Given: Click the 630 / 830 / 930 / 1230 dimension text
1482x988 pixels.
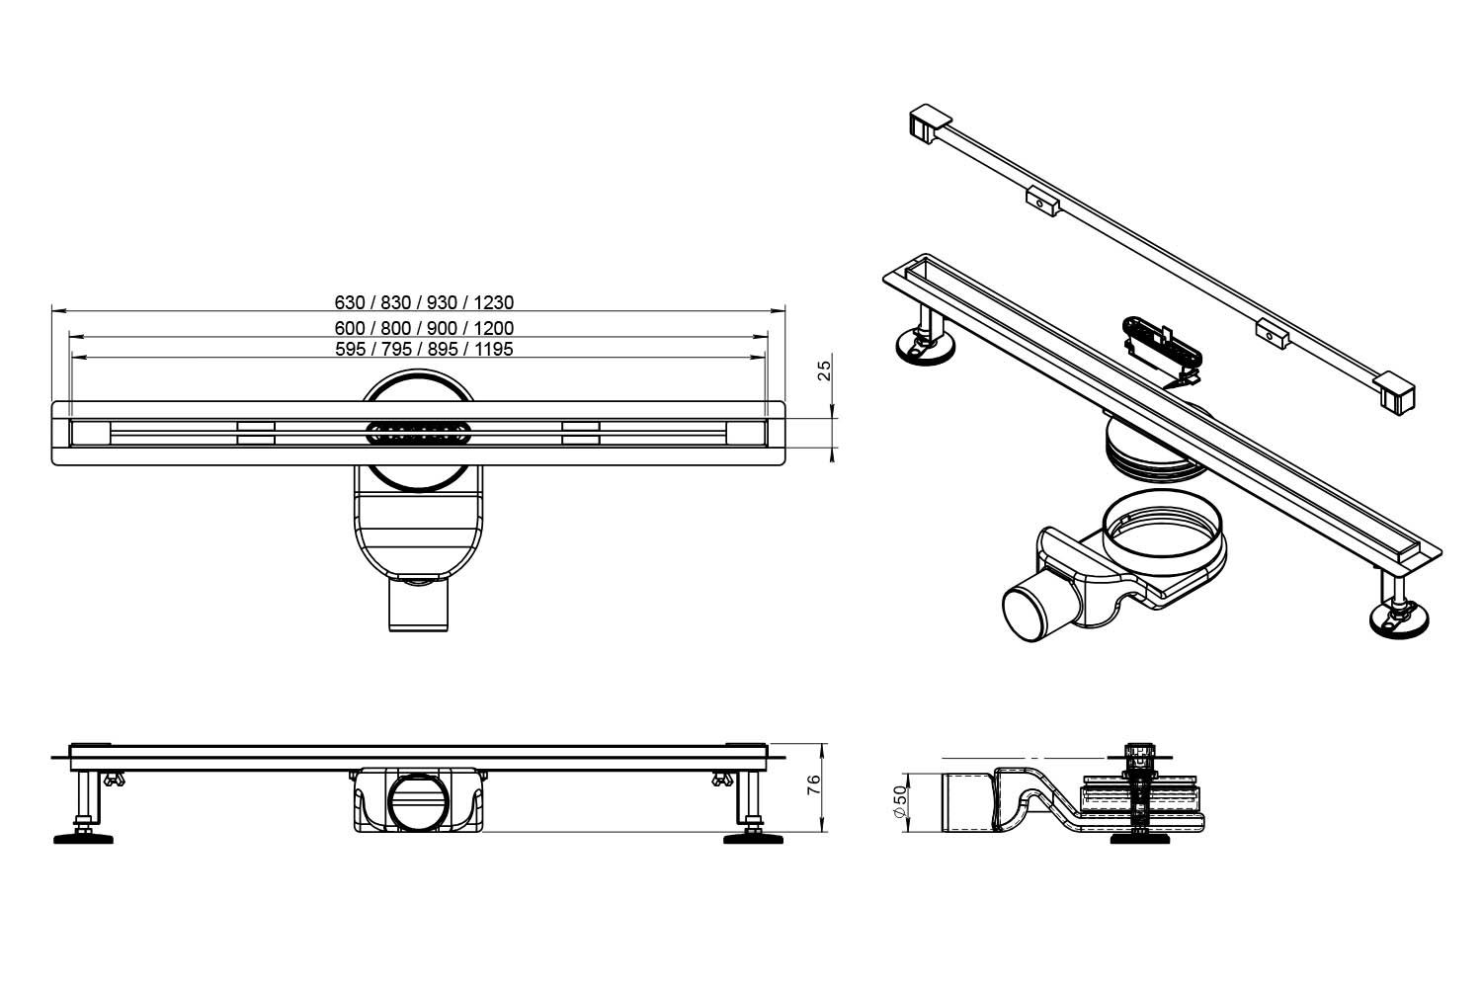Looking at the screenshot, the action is pos(424,302).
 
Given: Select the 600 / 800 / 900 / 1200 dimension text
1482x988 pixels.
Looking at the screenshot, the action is pos(424,328).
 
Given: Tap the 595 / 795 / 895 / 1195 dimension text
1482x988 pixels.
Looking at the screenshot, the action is pos(424,349).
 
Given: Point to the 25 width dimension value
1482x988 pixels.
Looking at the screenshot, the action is pos(824,370).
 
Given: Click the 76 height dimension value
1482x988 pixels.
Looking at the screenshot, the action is pos(814,784).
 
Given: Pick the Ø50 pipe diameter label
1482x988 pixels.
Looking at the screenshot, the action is pos(899,802).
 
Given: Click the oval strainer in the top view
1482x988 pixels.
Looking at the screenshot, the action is pos(419,434).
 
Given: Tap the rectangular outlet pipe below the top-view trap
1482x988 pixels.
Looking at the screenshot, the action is pos(418,605).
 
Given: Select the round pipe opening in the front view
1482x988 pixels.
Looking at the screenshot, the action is pos(418,801).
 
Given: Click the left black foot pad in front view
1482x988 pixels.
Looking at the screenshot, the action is pos(83,839).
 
